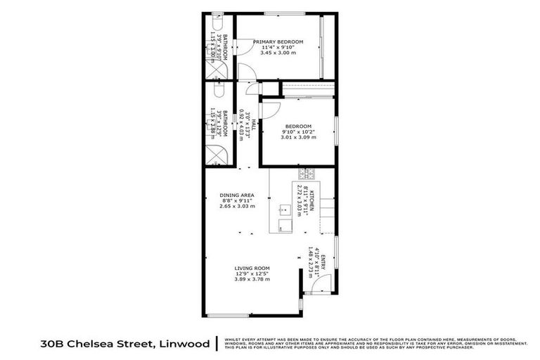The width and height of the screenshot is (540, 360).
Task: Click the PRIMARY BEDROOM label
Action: pos(278,42)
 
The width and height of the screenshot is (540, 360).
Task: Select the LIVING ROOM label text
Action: pos(252,268)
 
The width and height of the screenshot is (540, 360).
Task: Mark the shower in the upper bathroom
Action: pos(216,68)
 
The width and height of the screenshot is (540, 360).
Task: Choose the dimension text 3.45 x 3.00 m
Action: pos(278,53)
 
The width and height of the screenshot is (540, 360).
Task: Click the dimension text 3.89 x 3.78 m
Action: pos(252,279)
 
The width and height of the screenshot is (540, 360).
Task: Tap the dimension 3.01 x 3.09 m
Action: pos(295,138)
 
